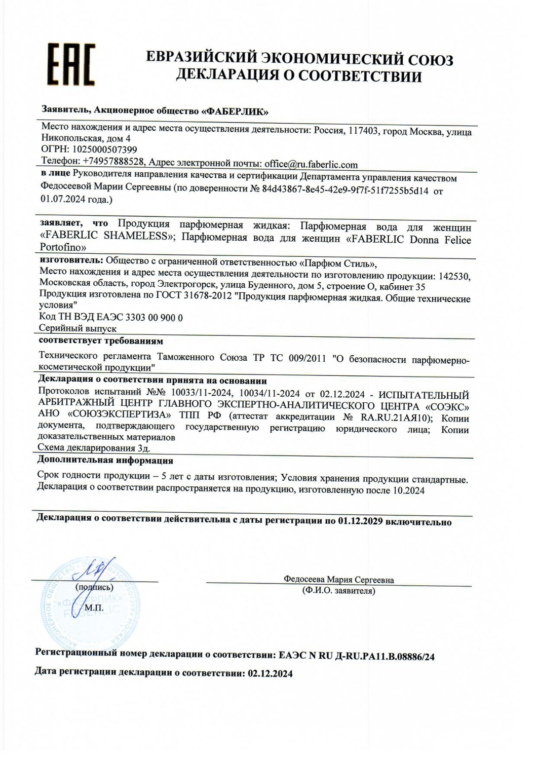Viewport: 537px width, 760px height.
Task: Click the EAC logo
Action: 71,64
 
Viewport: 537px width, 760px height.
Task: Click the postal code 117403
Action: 362,131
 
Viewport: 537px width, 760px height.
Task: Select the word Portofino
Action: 63,248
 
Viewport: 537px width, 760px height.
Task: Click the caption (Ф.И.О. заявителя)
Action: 338,591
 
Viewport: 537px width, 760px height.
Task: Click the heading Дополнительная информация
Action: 105,461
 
